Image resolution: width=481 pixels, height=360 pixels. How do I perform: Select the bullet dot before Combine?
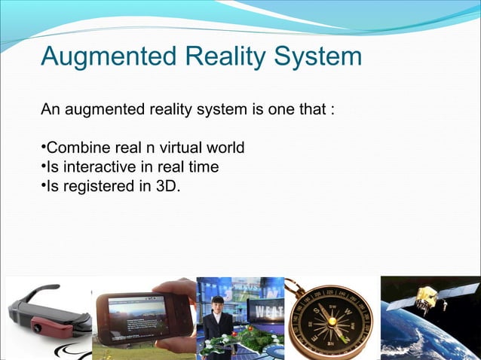pos(43,146)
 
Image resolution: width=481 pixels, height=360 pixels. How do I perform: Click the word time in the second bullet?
pos(205,166)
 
